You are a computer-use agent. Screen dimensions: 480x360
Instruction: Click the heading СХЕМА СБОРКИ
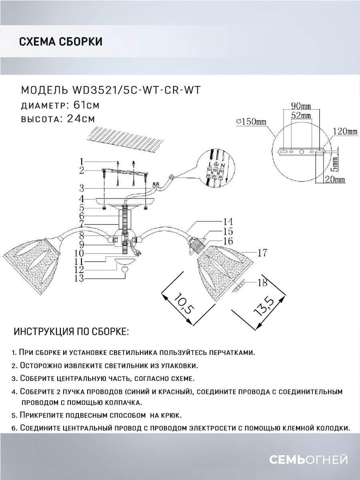(x=60, y=42)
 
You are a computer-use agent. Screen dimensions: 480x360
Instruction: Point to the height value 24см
(x=78, y=119)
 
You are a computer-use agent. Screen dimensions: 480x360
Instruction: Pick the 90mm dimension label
(x=301, y=106)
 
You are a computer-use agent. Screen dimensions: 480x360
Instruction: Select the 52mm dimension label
(x=301, y=115)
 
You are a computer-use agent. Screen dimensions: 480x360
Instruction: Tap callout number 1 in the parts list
(x=81, y=162)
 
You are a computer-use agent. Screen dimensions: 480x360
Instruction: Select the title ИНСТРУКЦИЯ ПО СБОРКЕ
(x=71, y=332)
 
